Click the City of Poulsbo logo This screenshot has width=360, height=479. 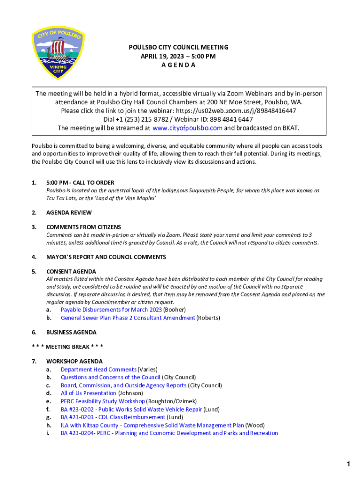pyautogui.click(x=58, y=53)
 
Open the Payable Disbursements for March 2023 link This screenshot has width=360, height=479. pyautogui.click(x=111, y=310)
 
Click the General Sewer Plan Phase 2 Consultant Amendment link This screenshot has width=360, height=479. pyautogui.click(x=128, y=318)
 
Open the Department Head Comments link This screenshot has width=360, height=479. pyautogui.click(x=99, y=370)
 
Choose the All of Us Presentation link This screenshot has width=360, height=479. pyautogui.click(x=88, y=393)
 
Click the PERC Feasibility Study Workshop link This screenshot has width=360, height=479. pyautogui.click(x=103, y=401)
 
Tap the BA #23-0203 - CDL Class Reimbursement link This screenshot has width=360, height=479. pyautogui.click(x=113, y=417)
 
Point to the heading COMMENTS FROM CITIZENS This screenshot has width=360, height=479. pyautogui.click(x=83, y=227)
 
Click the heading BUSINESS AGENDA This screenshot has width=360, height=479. pyautogui.click(x=71, y=332)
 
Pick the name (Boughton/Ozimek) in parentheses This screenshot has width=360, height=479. pyautogui.click(x=172, y=401)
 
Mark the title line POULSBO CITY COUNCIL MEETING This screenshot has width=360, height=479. pyautogui.click(x=179, y=47)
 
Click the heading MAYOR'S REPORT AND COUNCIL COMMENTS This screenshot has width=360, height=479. pyautogui.click(x=106, y=257)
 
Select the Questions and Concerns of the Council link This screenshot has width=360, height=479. pyautogui.click(x=110, y=377)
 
